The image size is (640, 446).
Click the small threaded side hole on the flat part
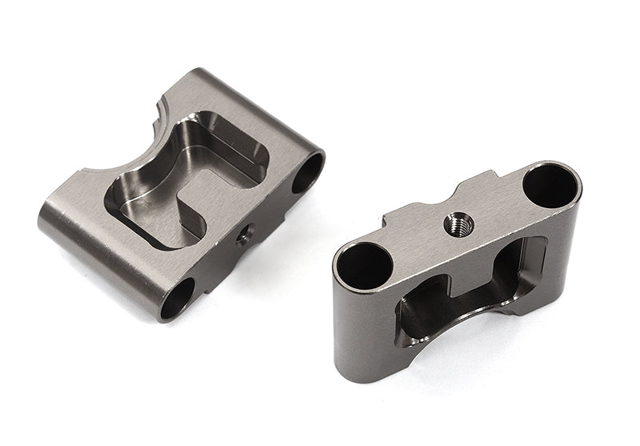tap(244, 234)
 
